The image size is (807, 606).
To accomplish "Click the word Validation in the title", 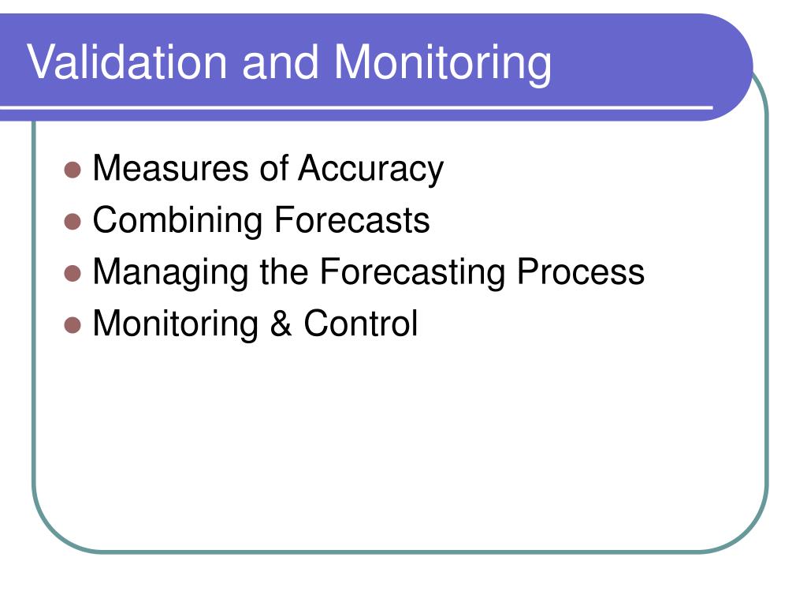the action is tap(127, 62).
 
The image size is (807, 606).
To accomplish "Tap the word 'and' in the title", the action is tap(280, 62).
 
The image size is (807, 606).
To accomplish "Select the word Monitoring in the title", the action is tap(443, 64).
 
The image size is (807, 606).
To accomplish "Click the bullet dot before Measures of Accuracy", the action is tap(73, 170).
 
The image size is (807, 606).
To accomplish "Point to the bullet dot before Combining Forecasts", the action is tap(73, 221).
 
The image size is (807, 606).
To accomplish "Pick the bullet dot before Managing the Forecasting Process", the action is tap(73, 273).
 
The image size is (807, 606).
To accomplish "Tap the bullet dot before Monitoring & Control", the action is tap(73, 325).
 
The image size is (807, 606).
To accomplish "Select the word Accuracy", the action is tap(370, 170).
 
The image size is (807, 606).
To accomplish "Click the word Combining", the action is tap(177, 222).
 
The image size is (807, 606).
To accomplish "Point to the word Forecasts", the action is tap(352, 220).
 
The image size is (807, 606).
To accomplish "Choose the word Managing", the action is tap(171, 273).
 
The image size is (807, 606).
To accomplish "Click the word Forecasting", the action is tap(412, 273).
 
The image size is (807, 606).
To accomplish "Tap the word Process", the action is tap(581, 271).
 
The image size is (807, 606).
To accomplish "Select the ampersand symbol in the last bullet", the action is tap(281, 323).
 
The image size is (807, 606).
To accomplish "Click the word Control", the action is tap(361, 323).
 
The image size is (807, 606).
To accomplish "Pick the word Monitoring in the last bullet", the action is tap(176, 325).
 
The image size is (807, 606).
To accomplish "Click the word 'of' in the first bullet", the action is tap(273, 168).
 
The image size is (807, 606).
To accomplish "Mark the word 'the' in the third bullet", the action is tap(284, 271).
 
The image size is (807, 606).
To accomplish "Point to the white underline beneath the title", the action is tap(356, 107).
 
